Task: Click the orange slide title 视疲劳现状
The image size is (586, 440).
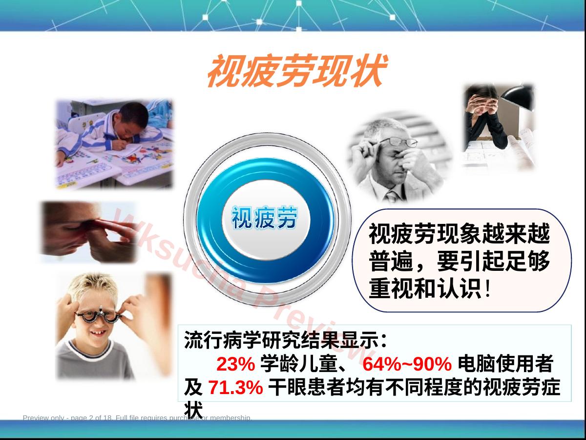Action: coord(297,70)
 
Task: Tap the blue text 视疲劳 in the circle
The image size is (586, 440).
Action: coord(264,218)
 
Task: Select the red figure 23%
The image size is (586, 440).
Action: coord(236,364)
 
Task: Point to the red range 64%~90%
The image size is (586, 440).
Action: coord(407,364)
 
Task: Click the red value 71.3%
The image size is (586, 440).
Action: coord(236,387)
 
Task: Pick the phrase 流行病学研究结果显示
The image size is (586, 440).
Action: coord(281,340)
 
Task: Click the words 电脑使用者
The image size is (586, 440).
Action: coord(505,364)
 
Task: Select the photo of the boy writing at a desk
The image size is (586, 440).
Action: coord(114,144)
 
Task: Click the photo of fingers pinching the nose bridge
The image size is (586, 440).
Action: coord(89,232)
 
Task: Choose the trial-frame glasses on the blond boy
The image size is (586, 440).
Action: coord(99,316)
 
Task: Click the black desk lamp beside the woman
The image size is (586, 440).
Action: coord(517,97)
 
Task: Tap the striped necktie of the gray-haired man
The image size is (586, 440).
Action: coord(392,196)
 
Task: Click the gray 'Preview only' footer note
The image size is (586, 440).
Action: coord(137,418)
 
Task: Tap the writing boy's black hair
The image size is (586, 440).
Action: coord(133,114)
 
